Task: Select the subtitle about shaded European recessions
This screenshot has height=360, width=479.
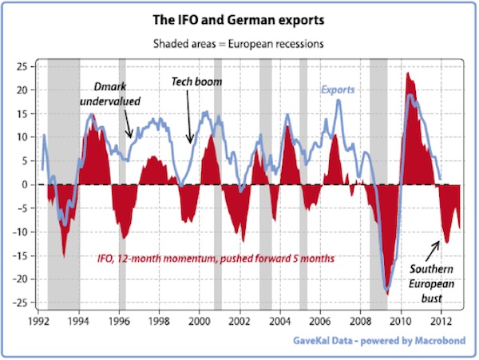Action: (239, 40)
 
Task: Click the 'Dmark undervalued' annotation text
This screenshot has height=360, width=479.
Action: (110, 94)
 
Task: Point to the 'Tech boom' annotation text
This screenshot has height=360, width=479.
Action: (196, 82)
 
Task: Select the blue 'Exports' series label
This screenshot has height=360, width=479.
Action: (338, 89)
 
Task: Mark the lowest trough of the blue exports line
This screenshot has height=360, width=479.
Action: (386, 288)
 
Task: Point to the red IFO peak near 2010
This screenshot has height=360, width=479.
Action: (408, 73)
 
